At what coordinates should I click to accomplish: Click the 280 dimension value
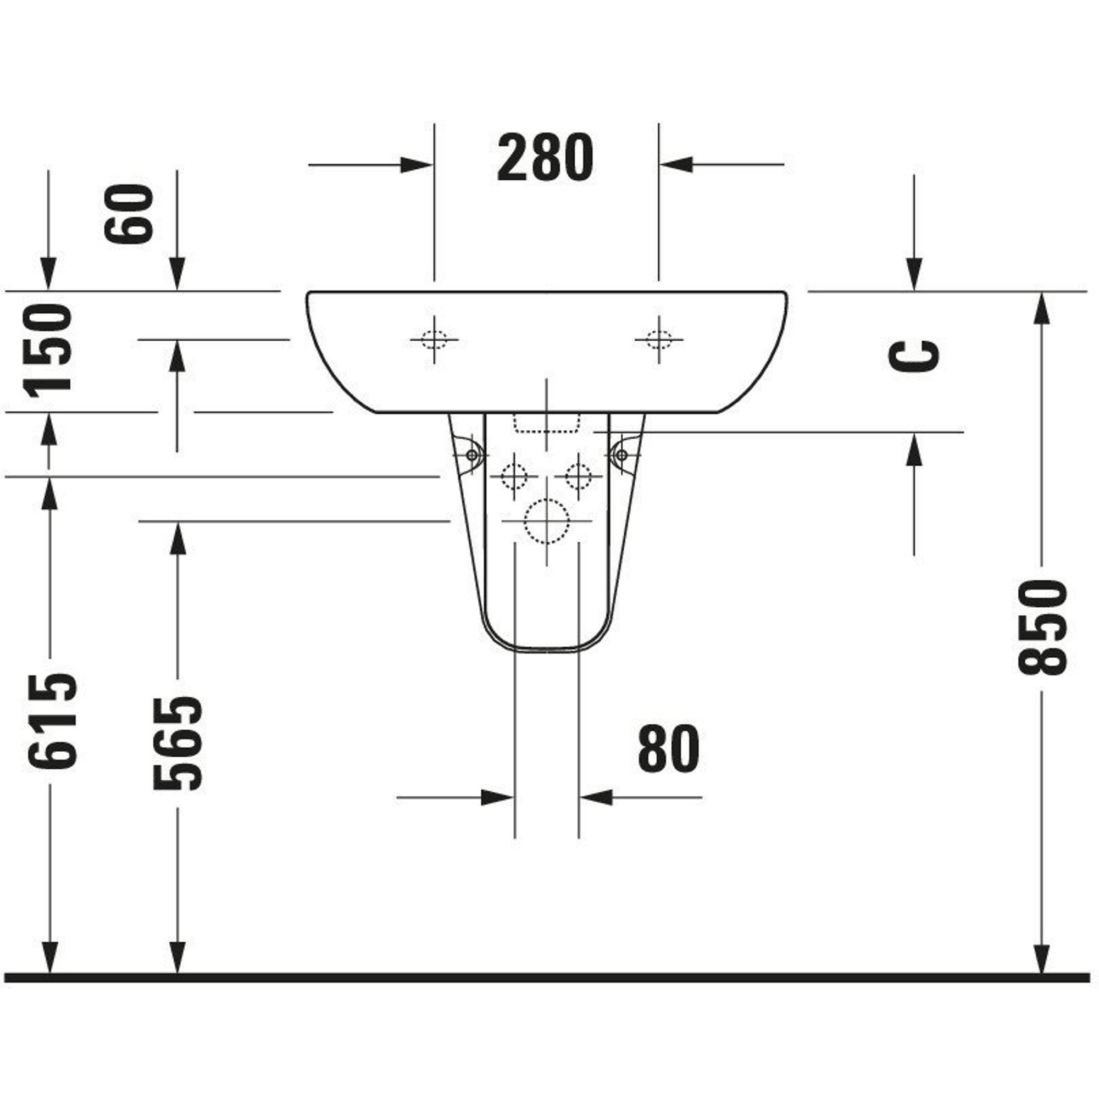coord(545,158)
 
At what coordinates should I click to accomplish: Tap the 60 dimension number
coord(129,213)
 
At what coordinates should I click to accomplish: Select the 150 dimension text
coord(48,349)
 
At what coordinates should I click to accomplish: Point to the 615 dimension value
coord(51,721)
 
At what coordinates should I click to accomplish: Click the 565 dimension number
coord(177,743)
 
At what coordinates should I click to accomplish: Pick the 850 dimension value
coord(1042,628)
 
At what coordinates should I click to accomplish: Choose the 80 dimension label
coord(668,748)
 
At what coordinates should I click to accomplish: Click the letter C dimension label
coord(914,356)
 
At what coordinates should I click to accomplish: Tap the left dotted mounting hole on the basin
coord(434,340)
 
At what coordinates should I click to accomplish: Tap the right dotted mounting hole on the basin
coord(659,340)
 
